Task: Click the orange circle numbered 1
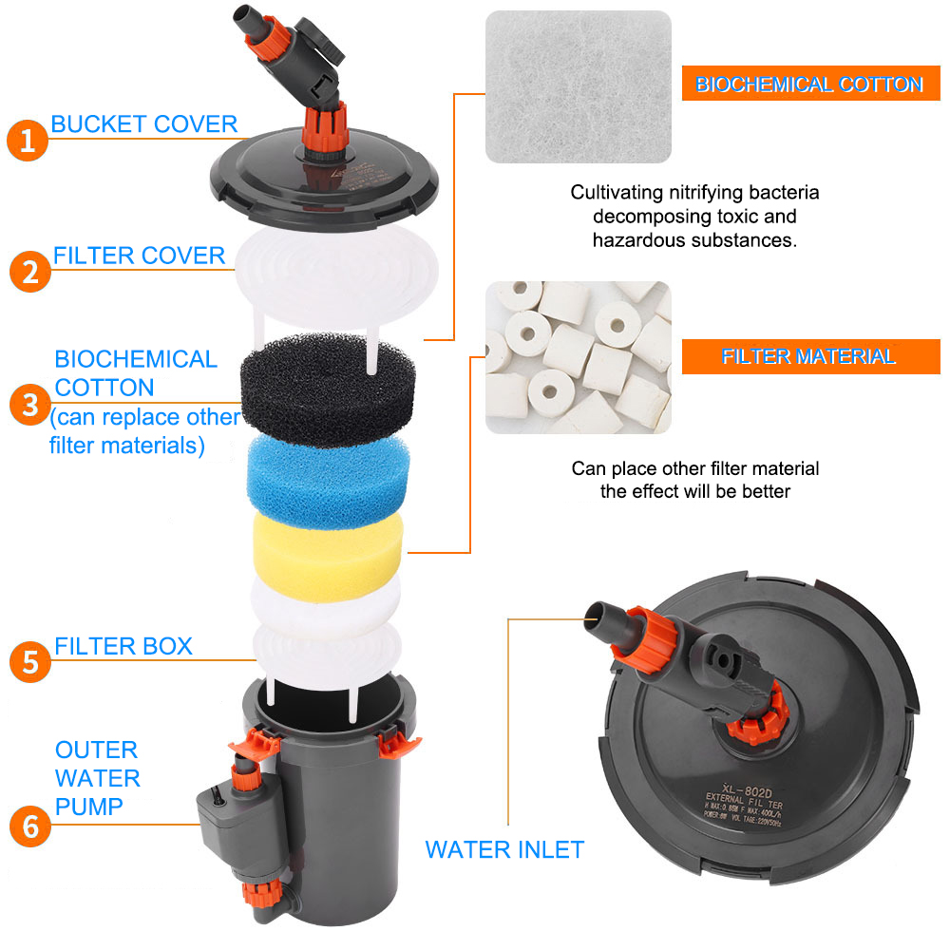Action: pyautogui.click(x=28, y=141)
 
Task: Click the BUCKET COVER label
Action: pyautogui.click(x=143, y=123)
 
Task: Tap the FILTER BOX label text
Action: pyautogui.click(x=123, y=646)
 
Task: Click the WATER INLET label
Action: pyautogui.click(x=504, y=849)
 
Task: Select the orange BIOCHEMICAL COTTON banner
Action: pyautogui.click(x=809, y=85)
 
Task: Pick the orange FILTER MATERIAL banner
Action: pyautogui.click(x=808, y=356)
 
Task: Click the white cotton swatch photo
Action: pyautogui.click(x=578, y=86)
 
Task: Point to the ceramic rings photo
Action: pyautogui.click(x=578, y=356)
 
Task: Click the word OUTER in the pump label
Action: pyautogui.click(x=96, y=750)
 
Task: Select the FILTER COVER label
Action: pyautogui.click(x=139, y=256)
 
